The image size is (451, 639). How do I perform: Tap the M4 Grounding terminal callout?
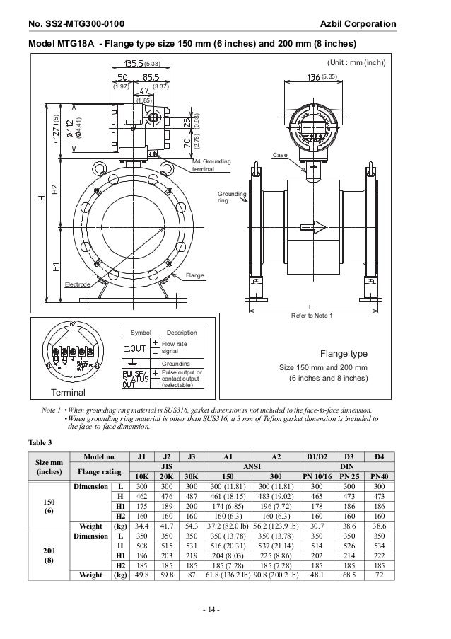pos(211,166)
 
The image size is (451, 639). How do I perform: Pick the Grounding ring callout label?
pos(233,196)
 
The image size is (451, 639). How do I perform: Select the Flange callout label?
pos(194,274)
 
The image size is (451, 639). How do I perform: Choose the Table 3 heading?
pos(40,443)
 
